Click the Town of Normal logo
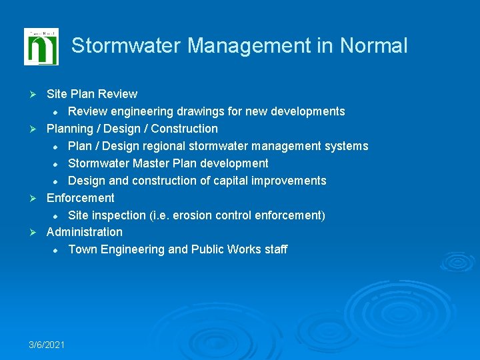[41, 47]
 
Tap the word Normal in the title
[373, 46]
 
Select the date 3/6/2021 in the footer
[47, 344]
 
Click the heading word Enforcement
[80, 198]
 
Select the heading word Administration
[84, 232]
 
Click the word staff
[276, 249]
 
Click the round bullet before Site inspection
[57, 216]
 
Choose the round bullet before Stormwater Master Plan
[57, 164]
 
